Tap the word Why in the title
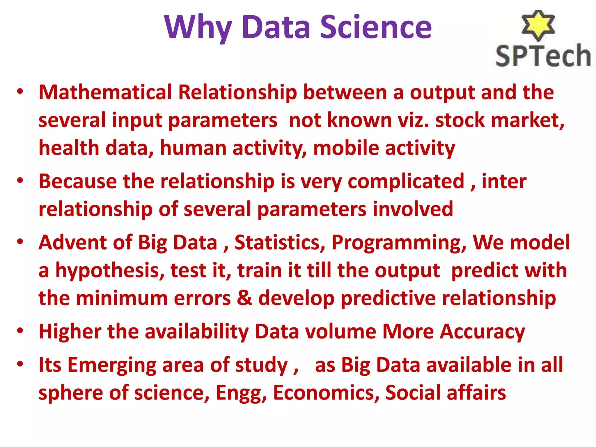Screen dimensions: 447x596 pyautogui.click(x=198, y=28)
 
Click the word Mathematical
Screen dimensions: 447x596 pyautogui.click(x=105, y=92)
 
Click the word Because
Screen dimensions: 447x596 pyautogui.click(x=78, y=181)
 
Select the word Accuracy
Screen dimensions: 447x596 pyautogui.click(x=482, y=332)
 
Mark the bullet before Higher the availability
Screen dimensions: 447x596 pyautogui.click(x=20, y=331)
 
